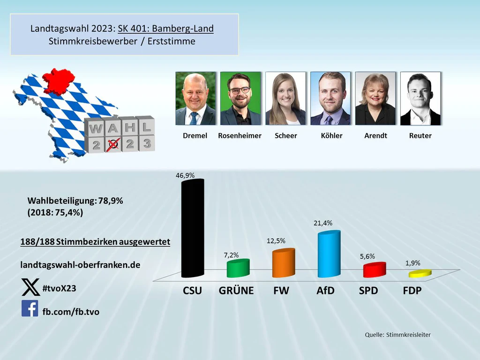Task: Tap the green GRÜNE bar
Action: pyautogui.click(x=238, y=269)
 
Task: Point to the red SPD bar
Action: pyautogui.click(x=374, y=270)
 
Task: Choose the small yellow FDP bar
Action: pyautogui.click(x=420, y=274)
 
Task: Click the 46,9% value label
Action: pyautogui.click(x=185, y=175)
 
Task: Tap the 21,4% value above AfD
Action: pyautogui.click(x=323, y=223)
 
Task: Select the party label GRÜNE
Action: pyautogui.click(x=236, y=291)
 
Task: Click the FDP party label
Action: pyautogui.click(x=412, y=291)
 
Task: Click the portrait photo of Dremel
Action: pyautogui.click(x=195, y=98)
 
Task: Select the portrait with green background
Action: pyautogui.click(x=240, y=98)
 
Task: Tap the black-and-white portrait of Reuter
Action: pyautogui.click(x=420, y=98)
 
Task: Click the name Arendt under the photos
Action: pyautogui.click(x=375, y=135)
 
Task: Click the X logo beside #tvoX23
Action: pyautogui.click(x=30, y=287)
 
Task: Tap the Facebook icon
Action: pyautogui.click(x=30, y=308)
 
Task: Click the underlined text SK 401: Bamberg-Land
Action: pyautogui.click(x=165, y=29)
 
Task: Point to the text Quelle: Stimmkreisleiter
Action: pyautogui.click(x=397, y=335)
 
